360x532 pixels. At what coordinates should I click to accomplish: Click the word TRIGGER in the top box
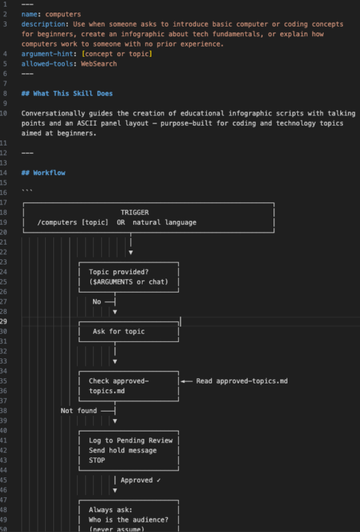(x=135, y=212)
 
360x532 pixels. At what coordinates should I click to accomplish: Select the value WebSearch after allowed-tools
(x=99, y=64)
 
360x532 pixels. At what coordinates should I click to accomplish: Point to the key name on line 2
(x=29, y=14)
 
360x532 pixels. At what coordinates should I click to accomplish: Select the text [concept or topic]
(x=117, y=54)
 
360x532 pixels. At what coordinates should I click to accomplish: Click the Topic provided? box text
(x=118, y=272)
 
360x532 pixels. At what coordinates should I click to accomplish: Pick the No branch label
(x=97, y=301)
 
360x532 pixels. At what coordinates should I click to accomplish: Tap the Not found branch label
(x=78, y=411)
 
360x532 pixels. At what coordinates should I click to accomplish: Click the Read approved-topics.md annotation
(x=242, y=381)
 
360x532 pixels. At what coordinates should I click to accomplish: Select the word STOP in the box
(x=97, y=460)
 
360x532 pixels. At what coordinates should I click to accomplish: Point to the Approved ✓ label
(x=140, y=480)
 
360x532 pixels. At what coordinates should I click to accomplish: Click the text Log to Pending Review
(x=131, y=440)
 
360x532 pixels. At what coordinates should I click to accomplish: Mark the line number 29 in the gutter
(x=4, y=321)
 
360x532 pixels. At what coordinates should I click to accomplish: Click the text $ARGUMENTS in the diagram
(x=112, y=282)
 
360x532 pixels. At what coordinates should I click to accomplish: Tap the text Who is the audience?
(x=129, y=520)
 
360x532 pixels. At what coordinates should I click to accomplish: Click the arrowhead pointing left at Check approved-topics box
(x=183, y=381)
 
